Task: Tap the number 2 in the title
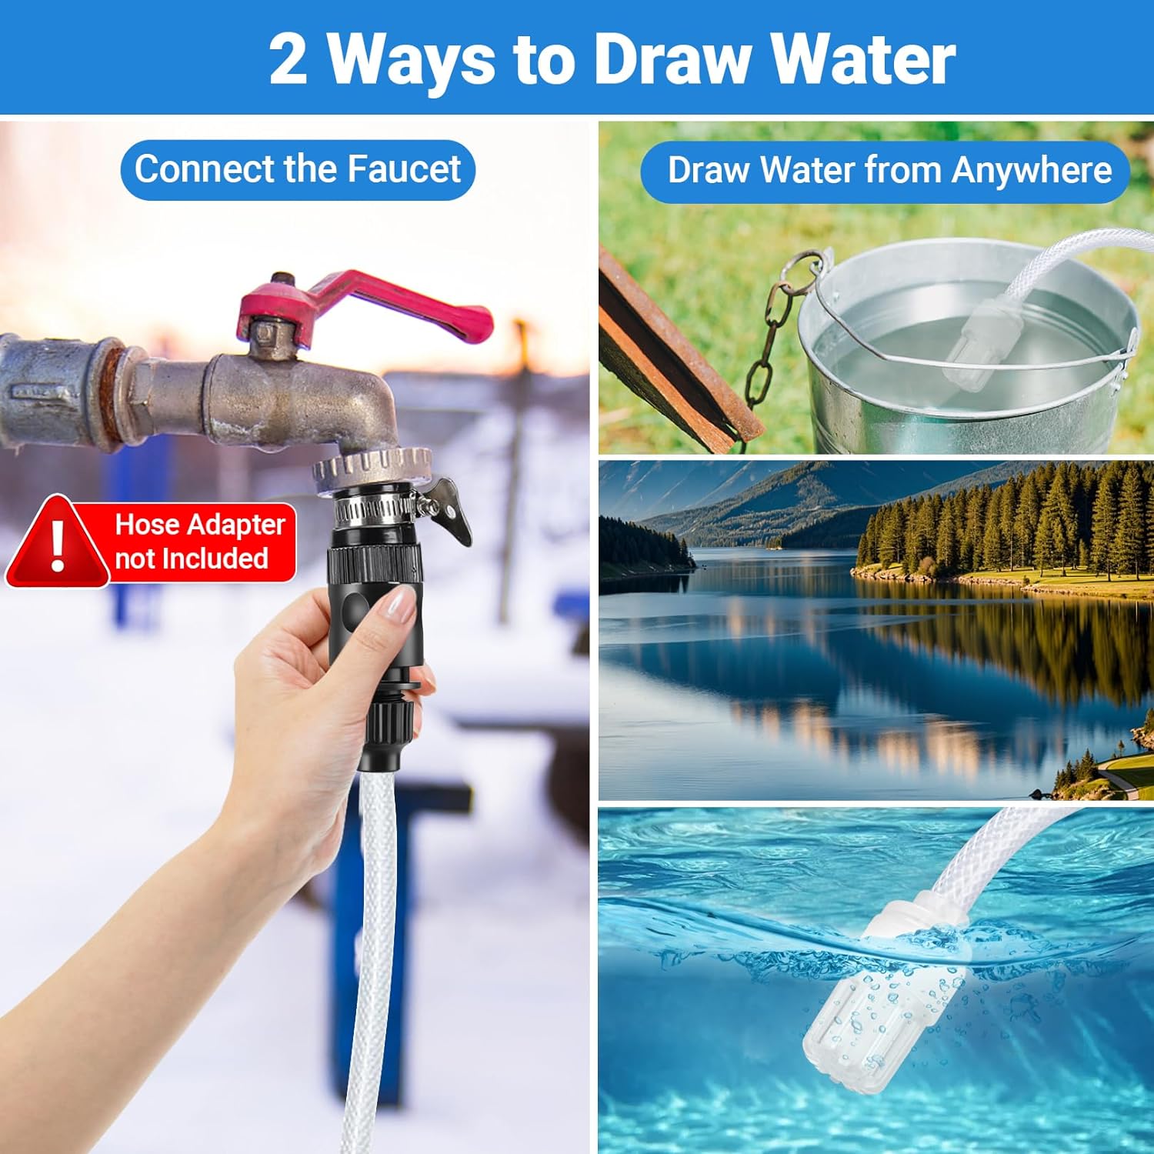click(288, 59)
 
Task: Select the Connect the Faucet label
click(298, 169)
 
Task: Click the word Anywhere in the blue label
click(1032, 170)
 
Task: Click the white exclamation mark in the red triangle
click(58, 545)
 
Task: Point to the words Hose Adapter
click(200, 525)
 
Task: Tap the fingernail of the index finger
click(399, 602)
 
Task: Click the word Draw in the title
click(673, 59)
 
